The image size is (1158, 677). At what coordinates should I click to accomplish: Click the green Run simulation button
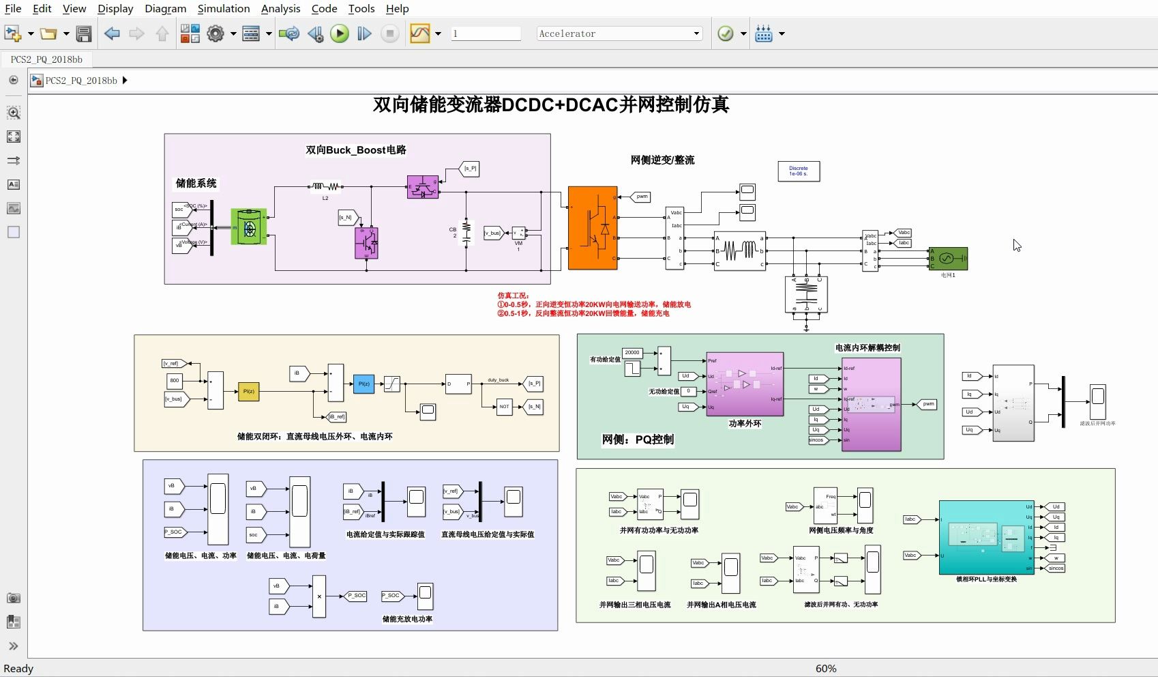tap(339, 33)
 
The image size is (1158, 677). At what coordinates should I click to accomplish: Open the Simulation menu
tap(223, 8)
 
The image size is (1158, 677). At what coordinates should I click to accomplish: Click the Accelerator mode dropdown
tap(619, 33)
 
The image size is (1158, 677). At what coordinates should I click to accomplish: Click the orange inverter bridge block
tap(593, 228)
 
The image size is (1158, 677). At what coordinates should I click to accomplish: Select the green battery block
tap(249, 227)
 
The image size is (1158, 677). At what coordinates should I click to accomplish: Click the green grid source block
tap(948, 259)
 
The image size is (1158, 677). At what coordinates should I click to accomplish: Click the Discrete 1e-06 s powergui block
tap(799, 171)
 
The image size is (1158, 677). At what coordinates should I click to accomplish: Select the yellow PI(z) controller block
tap(248, 391)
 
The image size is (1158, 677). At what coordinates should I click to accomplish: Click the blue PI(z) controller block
tap(363, 384)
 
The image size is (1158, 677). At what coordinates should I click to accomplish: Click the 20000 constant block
tap(632, 353)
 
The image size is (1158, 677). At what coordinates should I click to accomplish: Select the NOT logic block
tap(504, 406)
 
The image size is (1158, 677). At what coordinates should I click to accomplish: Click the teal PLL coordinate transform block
tap(986, 537)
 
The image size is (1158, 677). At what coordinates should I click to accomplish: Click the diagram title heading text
tap(551, 104)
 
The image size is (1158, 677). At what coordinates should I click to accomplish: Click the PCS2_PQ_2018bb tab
tap(46, 59)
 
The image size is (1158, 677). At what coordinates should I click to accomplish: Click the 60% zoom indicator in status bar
tap(825, 669)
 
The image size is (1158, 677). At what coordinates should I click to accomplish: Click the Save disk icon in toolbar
tap(84, 33)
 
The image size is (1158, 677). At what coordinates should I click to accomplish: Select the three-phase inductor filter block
tap(739, 251)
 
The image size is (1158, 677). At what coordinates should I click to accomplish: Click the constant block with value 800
tap(175, 380)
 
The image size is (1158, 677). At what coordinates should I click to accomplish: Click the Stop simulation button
tap(389, 33)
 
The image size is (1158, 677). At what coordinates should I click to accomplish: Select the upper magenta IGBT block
tap(422, 187)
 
